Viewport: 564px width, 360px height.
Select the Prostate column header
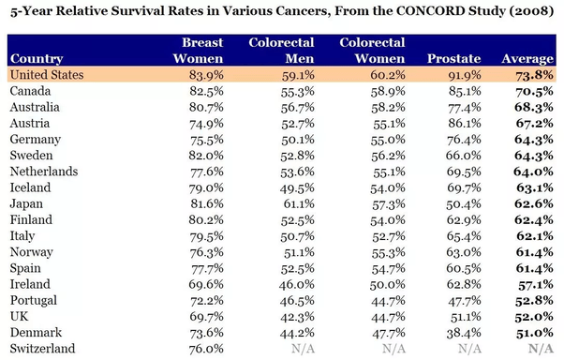point(454,59)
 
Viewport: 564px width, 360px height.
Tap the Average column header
point(527,59)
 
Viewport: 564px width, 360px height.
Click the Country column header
point(37,59)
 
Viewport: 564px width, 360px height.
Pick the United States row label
point(47,74)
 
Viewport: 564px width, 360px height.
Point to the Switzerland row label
point(42,349)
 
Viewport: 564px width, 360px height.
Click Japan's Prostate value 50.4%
point(463,204)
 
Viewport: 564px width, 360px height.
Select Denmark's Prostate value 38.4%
point(464,333)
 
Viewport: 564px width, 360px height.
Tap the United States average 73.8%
point(534,75)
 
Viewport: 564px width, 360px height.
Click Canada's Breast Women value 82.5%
point(206,91)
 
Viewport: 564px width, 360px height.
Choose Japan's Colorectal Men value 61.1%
point(299,204)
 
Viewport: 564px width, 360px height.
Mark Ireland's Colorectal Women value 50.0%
point(388,285)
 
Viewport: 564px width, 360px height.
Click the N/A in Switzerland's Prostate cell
point(469,349)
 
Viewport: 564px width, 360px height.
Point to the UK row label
point(19,317)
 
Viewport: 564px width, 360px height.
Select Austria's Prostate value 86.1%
point(465,124)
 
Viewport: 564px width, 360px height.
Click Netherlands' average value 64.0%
point(533,172)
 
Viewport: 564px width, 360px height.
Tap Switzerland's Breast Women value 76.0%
point(206,349)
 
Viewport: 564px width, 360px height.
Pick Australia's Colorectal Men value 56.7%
point(298,107)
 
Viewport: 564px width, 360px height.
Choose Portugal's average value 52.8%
point(534,301)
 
